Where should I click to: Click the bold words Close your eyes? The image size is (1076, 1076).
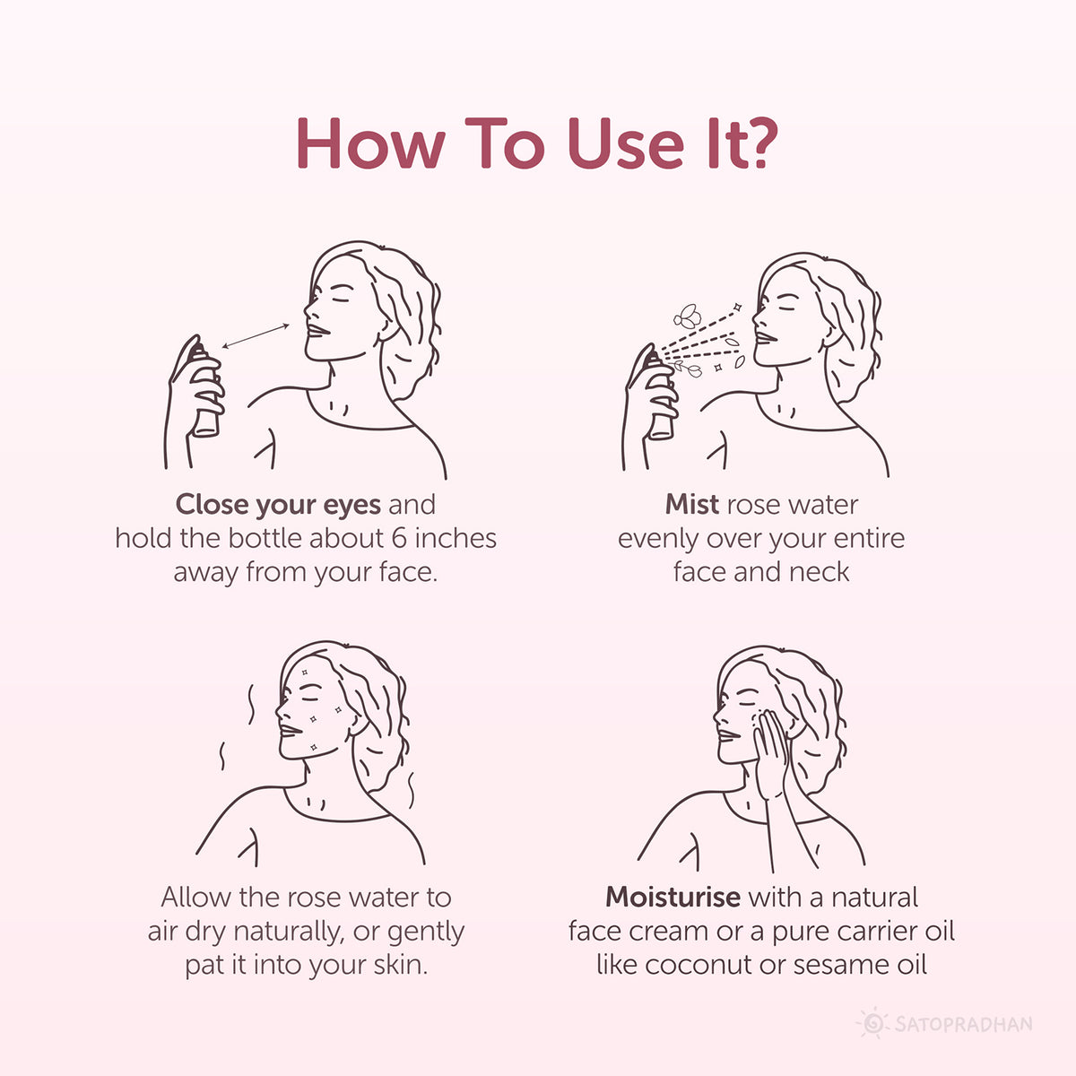pos(278,505)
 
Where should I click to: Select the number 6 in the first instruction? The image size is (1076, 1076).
pos(401,538)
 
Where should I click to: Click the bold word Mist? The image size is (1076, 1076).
pos(691,505)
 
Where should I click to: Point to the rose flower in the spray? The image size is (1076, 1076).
pos(688,316)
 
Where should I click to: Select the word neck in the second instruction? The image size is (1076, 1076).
pos(821,572)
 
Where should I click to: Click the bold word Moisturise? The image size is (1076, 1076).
pos(672,898)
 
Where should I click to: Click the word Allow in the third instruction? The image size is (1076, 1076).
pos(194,898)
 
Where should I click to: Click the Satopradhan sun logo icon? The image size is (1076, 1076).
pos(872,1023)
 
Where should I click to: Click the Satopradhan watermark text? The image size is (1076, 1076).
pos(963,1024)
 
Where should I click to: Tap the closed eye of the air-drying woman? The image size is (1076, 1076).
pos(309,697)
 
